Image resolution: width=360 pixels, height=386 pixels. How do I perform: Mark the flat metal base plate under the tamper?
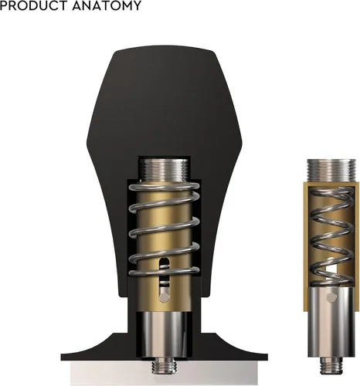164,374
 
